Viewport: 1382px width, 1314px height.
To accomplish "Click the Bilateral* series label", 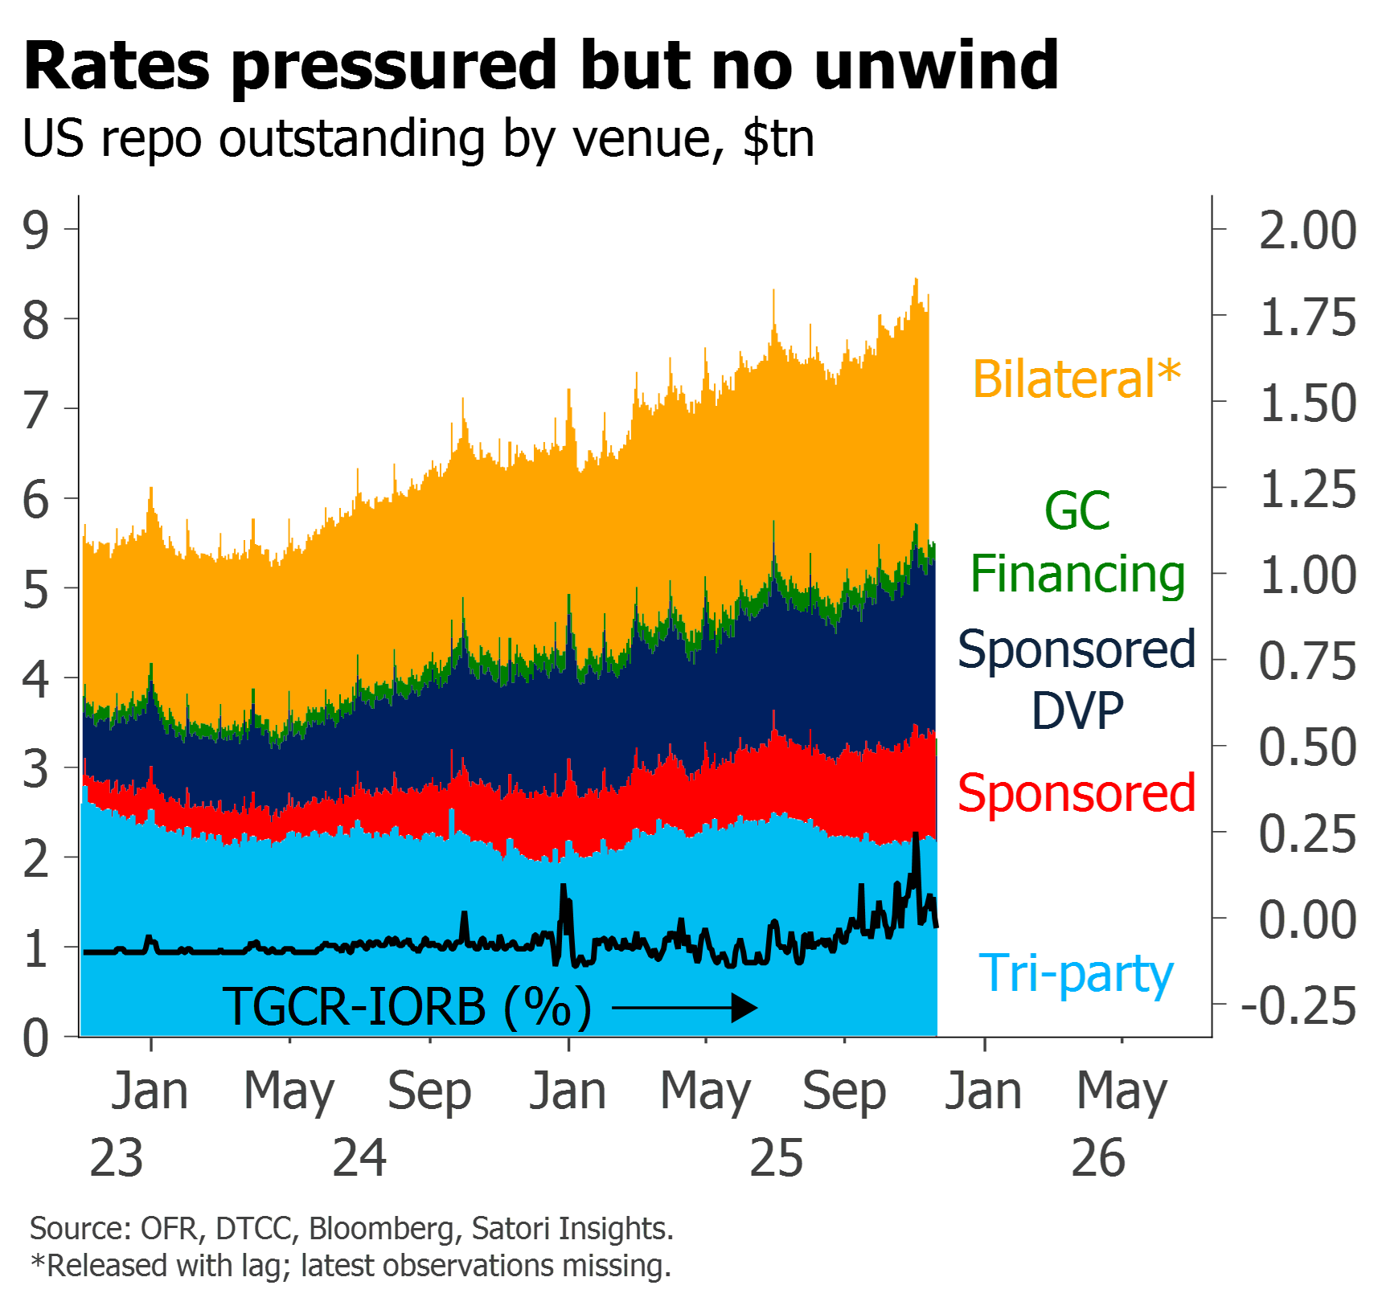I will (x=1076, y=379).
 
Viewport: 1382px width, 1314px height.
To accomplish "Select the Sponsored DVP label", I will (x=1076, y=680).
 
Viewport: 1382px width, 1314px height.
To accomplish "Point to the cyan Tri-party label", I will (x=1076, y=974).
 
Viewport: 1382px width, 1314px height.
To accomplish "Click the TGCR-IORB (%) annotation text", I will (x=407, y=1007).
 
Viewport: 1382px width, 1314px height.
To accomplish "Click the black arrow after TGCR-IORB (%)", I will (x=684, y=1008).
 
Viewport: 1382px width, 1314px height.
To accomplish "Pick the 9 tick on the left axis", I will (x=35, y=230).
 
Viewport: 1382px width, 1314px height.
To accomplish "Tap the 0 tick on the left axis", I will (x=35, y=1038).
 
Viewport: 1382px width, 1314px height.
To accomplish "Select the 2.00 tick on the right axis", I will (x=1307, y=231).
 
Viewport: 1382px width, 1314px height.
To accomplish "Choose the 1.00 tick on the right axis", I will (x=1308, y=575).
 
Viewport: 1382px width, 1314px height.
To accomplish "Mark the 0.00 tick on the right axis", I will (x=1308, y=919).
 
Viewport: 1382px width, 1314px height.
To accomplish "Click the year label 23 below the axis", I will (x=117, y=1158).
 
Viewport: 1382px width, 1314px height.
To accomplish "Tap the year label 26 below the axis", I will (x=1099, y=1158).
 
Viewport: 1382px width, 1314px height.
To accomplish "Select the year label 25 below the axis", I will (x=777, y=1158).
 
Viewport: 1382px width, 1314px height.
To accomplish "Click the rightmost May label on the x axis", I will (x=1122, y=1092).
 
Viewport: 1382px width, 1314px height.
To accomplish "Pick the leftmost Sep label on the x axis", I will (x=429, y=1092).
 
